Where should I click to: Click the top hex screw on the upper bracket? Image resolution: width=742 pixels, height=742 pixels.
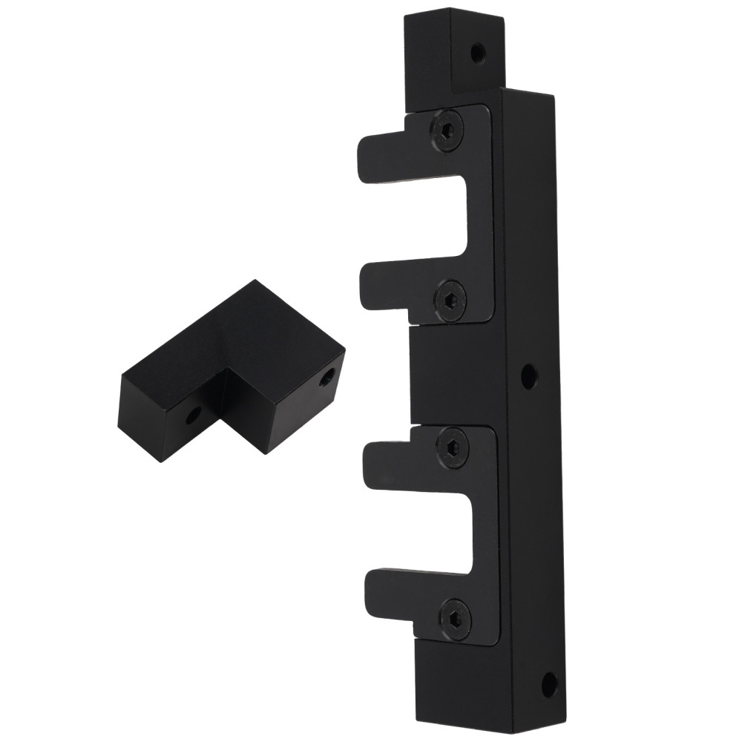click(x=446, y=131)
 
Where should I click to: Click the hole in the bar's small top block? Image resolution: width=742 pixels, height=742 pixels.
click(x=479, y=53)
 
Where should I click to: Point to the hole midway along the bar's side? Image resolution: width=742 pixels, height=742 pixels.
click(x=528, y=376)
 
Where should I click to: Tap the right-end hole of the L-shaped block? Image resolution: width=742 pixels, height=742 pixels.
click(x=326, y=379)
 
